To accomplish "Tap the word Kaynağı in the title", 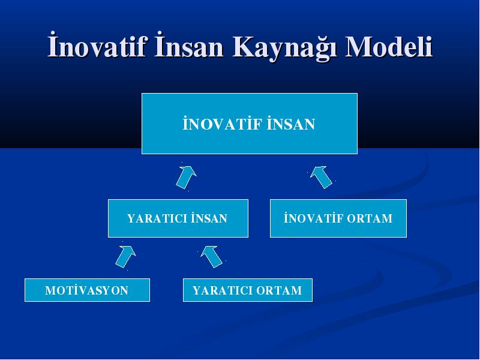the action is (x=284, y=47).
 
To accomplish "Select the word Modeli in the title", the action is (x=389, y=46).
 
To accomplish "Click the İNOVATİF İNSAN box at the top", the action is (x=250, y=124).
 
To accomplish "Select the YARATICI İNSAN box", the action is (x=178, y=218).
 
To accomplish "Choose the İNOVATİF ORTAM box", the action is (x=338, y=218).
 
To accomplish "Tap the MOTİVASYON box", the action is (x=87, y=290).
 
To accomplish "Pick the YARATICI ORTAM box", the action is (x=248, y=290).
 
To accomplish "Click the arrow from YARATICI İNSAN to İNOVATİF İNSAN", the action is (x=186, y=177).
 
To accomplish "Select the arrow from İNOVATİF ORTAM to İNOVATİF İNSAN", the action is (x=321, y=177).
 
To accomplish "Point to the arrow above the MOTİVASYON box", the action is (x=125, y=257).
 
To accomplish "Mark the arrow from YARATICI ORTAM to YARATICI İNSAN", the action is (x=212, y=257).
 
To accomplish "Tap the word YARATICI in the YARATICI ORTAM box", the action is (x=223, y=290).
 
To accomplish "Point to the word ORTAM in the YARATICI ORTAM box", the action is (x=279, y=290).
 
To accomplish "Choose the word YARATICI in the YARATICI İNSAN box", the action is (x=157, y=218).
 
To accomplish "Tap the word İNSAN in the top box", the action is (x=291, y=124).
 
